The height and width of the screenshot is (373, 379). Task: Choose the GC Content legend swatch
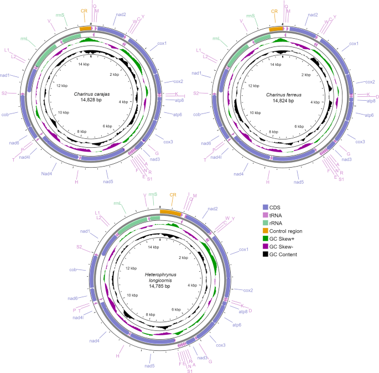(x=266, y=254)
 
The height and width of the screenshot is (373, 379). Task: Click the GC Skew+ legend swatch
(x=266, y=239)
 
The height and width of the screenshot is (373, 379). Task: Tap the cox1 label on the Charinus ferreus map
(x=352, y=43)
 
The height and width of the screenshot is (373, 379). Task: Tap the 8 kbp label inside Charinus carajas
(x=81, y=131)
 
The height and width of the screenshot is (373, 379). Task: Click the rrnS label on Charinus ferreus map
(x=250, y=15)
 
